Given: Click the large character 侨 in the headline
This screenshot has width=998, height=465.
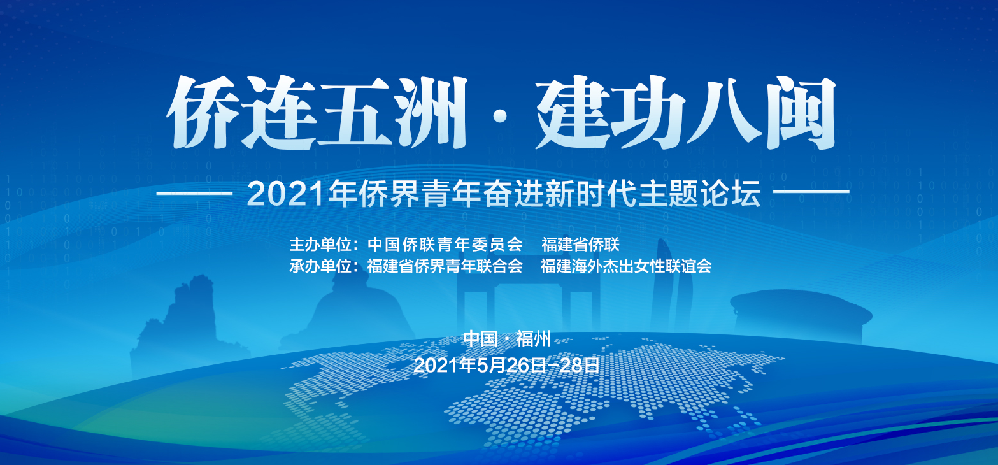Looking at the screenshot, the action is click(202, 112).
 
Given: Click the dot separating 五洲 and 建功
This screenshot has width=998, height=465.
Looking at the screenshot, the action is click(501, 116).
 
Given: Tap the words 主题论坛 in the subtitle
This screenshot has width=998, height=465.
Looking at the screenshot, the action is click(699, 194).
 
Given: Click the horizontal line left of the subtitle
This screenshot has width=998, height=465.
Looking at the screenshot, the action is click(195, 193).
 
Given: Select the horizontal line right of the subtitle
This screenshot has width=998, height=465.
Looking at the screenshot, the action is click(811, 192).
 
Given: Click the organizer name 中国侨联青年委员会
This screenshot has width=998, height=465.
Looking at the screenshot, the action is click(445, 245).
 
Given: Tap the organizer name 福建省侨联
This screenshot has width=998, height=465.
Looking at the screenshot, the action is click(581, 245).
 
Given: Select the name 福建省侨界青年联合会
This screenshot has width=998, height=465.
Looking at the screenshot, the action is click(445, 266).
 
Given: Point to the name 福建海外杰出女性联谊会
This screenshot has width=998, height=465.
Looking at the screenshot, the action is click(626, 266).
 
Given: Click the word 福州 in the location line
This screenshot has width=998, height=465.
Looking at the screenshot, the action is click(533, 339).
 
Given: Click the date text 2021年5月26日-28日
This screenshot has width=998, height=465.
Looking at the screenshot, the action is click(506, 365).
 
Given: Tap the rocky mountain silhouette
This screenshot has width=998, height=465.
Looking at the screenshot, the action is click(187, 320).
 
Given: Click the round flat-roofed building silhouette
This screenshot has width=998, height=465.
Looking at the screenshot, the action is click(801, 311).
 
